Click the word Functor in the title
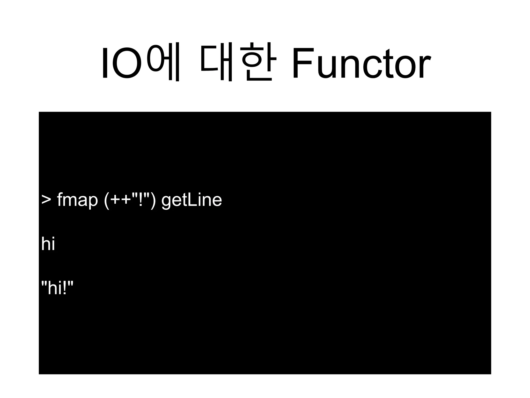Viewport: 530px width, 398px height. click(361, 63)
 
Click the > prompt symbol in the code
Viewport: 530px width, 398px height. click(46, 200)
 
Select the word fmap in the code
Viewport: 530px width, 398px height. click(77, 200)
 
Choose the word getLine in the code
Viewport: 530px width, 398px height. click(192, 200)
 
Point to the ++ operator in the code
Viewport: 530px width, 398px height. click(121, 200)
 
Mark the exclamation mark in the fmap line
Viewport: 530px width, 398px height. click(141, 199)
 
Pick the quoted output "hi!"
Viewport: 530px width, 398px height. click(57, 288)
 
